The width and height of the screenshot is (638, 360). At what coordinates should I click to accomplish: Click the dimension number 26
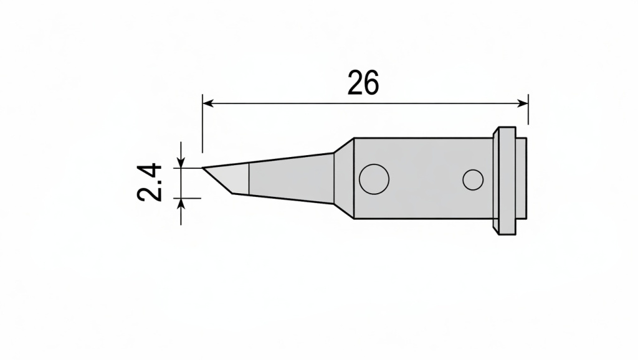click(363, 83)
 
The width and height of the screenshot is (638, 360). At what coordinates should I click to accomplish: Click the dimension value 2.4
click(150, 182)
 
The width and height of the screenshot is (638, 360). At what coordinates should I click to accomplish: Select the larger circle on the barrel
click(374, 179)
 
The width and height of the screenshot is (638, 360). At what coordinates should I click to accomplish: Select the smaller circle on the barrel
click(473, 180)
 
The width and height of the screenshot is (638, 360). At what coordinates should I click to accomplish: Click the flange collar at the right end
click(504, 181)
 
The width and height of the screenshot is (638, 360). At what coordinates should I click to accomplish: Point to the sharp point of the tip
click(203, 168)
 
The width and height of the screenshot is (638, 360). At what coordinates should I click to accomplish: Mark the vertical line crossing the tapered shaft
click(249, 179)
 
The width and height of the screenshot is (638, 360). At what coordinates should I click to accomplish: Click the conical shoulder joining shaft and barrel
click(343, 179)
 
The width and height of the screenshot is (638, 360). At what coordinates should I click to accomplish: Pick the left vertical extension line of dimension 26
click(202, 125)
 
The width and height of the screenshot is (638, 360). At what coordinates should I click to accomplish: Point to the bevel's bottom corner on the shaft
click(232, 193)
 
